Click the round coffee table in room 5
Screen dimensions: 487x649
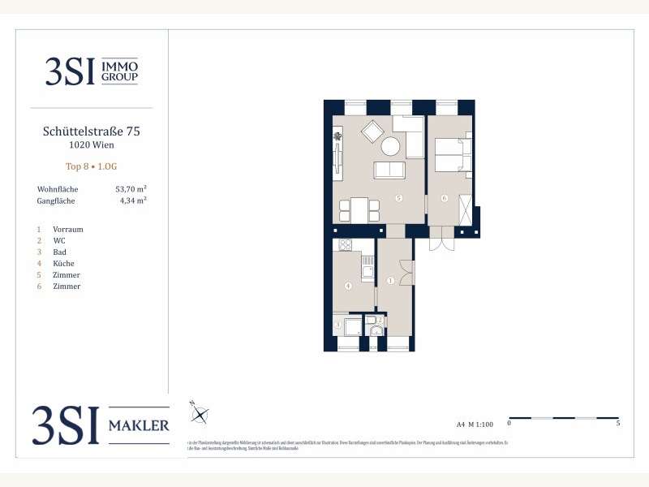click(391, 146)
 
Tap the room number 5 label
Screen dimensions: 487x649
click(398, 198)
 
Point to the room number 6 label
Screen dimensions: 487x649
click(445, 198)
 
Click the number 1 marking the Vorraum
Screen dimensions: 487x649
click(390, 281)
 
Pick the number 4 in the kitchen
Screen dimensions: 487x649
click(348, 286)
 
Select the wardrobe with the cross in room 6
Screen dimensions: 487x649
click(465, 209)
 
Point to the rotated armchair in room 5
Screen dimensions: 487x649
click(374, 131)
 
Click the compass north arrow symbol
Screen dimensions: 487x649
click(200, 415)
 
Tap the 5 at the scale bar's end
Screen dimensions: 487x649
click(619, 424)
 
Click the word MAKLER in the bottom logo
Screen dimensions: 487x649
click(139, 425)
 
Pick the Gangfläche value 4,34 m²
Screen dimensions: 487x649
click(132, 200)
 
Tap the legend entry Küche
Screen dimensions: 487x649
click(64, 264)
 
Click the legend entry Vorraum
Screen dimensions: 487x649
click(67, 230)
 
